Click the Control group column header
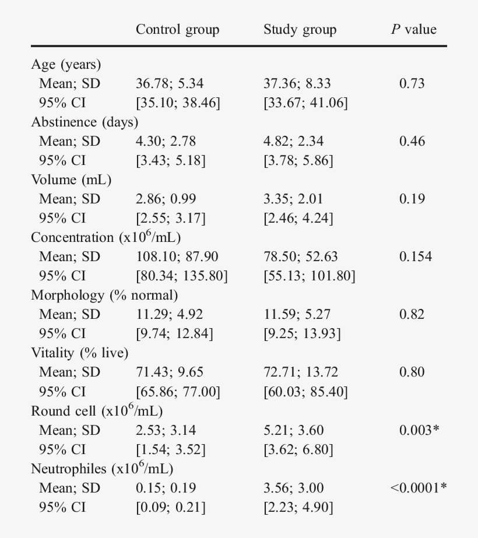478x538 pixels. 177,30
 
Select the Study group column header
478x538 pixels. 300,30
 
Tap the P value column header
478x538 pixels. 413,30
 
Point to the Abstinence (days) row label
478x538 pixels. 85,122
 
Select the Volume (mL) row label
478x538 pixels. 71,180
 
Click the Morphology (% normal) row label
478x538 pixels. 104,296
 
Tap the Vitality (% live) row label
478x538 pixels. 80,353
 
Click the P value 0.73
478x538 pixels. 412,84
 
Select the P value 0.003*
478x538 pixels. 419,430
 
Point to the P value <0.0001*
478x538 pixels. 419,488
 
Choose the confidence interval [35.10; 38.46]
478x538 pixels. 178,103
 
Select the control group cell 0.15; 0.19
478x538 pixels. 166,488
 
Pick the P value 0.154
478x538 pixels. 415,257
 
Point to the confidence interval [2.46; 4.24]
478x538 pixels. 298,219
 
